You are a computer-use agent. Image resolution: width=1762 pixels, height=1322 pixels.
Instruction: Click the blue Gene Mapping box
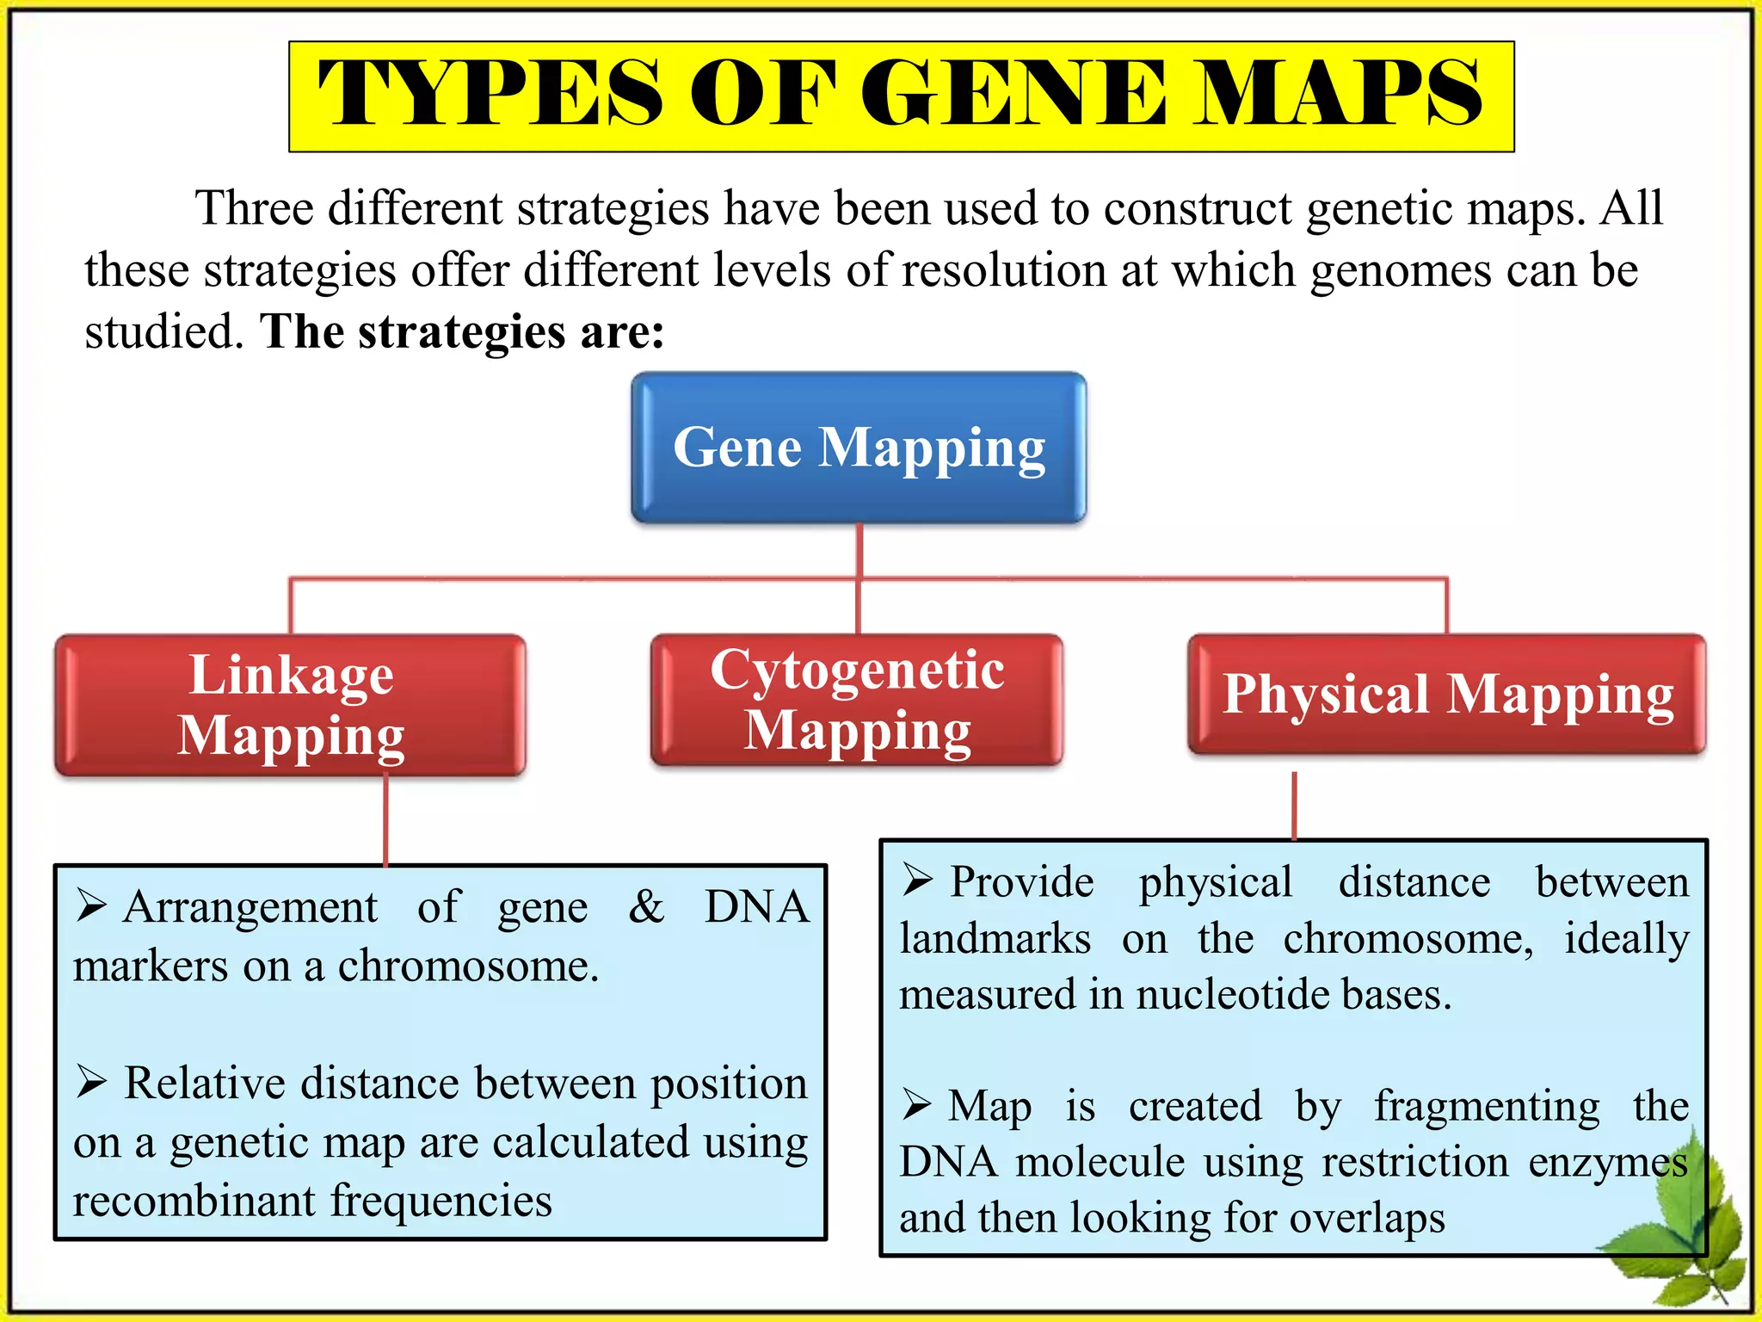[859, 448]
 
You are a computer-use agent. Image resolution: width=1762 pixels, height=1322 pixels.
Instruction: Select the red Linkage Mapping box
[291, 706]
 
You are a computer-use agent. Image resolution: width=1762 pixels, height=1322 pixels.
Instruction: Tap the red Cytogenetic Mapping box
[857, 701]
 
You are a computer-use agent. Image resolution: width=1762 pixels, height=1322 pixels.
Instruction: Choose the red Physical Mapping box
[1447, 694]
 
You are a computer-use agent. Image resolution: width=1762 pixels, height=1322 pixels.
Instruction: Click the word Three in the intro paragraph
[255, 208]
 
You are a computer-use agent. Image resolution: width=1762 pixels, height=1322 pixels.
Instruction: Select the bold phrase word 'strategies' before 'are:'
[462, 332]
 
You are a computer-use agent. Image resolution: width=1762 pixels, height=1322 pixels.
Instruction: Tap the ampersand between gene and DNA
[646, 906]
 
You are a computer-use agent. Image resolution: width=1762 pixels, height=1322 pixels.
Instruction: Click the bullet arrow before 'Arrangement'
[91, 905]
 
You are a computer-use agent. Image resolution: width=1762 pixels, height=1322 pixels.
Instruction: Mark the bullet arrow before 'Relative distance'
[91, 1082]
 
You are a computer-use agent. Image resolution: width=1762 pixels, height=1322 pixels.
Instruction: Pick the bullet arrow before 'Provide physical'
[917, 880]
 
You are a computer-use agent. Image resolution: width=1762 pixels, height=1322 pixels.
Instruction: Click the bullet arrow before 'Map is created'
[917, 1104]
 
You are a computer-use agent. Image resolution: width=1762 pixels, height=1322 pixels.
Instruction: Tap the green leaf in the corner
[1686, 1222]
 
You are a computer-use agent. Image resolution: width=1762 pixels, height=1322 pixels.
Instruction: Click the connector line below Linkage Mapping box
[385, 819]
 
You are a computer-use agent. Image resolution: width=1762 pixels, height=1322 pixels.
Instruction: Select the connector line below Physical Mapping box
[1294, 806]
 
